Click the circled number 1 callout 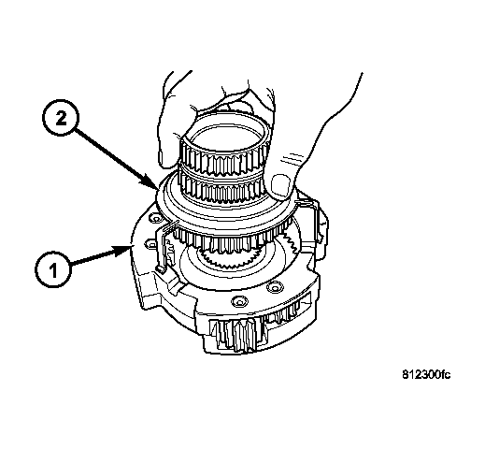click(53, 268)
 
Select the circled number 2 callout click(61, 118)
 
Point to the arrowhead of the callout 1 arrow click(124, 251)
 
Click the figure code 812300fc click(426, 374)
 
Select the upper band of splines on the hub click(223, 160)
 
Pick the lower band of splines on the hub click(221, 187)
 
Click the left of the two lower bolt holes click(239, 301)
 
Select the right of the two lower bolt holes click(276, 287)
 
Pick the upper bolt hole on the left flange click(155, 219)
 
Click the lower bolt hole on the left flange click(151, 243)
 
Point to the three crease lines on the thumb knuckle click(293, 157)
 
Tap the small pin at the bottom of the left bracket click(160, 269)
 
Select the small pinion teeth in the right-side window click(287, 311)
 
